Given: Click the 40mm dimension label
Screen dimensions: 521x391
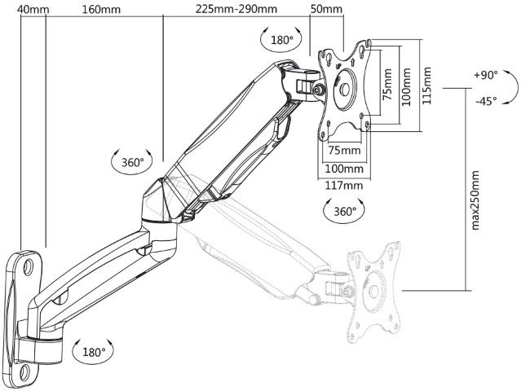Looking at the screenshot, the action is pyautogui.click(x=33, y=9).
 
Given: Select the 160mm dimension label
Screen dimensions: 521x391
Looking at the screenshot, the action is pyautogui.click(x=101, y=9).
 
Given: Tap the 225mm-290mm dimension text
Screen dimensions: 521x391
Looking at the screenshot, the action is pyautogui.click(x=236, y=9).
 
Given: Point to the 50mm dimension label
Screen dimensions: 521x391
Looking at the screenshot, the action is pyautogui.click(x=326, y=9).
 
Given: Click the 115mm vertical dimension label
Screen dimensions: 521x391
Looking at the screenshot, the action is pyautogui.click(x=426, y=86).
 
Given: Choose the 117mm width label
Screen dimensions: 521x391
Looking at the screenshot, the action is pyautogui.click(x=343, y=185).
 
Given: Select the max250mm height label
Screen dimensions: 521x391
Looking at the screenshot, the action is pyautogui.click(x=475, y=200).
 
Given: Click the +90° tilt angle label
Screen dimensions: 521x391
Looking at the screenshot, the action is pyautogui.click(x=486, y=75).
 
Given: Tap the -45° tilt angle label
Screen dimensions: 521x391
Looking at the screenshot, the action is pyautogui.click(x=486, y=100).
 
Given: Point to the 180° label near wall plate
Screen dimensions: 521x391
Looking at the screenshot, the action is pyautogui.click(x=94, y=352).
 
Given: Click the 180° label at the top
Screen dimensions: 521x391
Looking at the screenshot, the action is pyautogui.click(x=282, y=40).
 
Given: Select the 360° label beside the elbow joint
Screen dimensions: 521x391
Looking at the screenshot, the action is pyautogui.click(x=133, y=162).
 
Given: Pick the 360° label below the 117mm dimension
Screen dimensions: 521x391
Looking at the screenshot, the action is pyautogui.click(x=345, y=211).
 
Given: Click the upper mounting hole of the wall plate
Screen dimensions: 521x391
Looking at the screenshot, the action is pyautogui.click(x=29, y=266).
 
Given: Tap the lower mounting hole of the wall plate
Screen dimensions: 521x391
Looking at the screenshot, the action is pyautogui.click(x=24, y=372).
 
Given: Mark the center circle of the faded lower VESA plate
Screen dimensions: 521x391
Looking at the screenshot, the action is pyautogui.click(x=374, y=291).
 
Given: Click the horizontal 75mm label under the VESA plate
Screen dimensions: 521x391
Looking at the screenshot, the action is pyautogui.click(x=345, y=151).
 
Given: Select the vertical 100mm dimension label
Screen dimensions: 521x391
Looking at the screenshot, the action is pyautogui.click(x=406, y=86).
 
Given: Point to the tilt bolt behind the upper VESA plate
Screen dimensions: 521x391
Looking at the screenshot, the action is pyautogui.click(x=319, y=90).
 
